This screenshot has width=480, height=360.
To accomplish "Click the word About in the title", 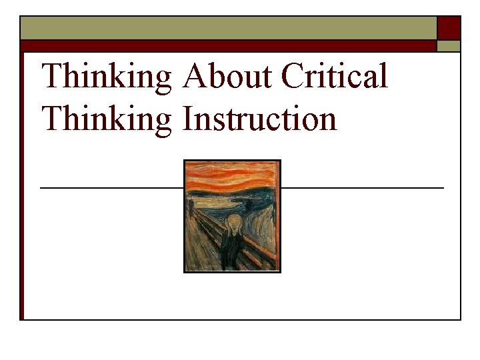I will tap(225, 77).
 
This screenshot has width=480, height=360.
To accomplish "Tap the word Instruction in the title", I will tap(259, 120).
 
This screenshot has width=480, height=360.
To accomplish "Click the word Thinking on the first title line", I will tap(107, 77).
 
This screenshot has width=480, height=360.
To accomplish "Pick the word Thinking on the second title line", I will tap(107, 120).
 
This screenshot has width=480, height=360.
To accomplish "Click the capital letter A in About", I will tap(194, 77).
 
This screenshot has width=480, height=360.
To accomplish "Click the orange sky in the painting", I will tap(232, 174).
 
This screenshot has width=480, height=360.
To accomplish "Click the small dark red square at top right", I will tap(449, 28).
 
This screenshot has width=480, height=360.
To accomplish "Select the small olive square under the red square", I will tap(449, 46).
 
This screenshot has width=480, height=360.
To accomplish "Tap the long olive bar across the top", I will tap(227, 28).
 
